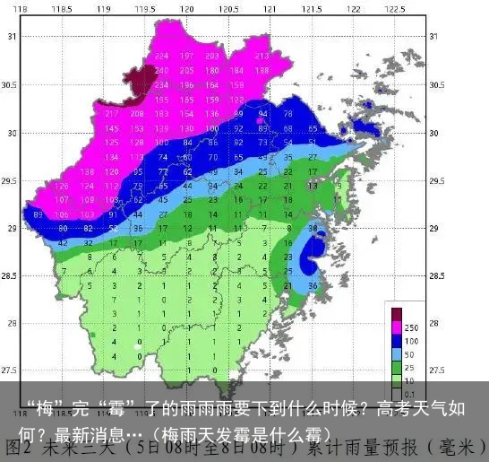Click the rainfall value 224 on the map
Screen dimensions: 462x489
coord(162,56)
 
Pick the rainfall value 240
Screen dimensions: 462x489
coord(162,70)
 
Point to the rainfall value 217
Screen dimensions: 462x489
coord(112,114)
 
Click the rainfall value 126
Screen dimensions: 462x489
coord(63,186)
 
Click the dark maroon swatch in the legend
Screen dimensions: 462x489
coord(397,314)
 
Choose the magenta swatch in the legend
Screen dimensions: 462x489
coord(397,327)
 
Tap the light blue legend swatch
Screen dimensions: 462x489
coord(397,354)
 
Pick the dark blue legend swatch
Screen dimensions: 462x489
coord(397,341)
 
